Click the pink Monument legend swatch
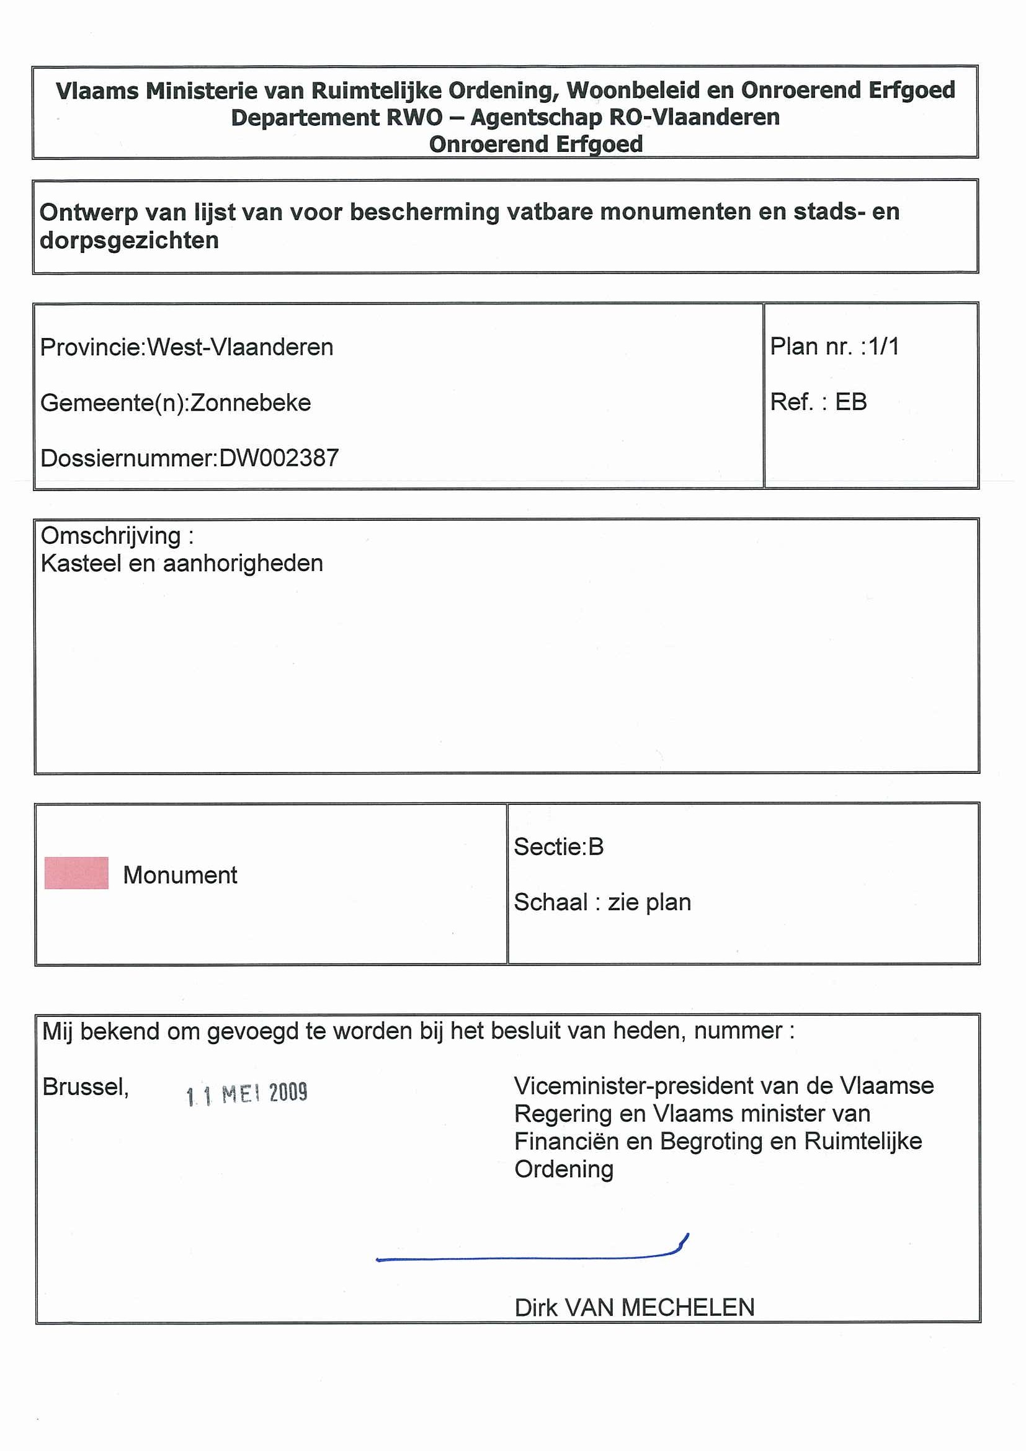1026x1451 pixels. (76, 872)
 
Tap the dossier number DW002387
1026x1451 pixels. (279, 458)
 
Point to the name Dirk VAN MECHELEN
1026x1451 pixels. (634, 1308)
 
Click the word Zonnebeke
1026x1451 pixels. (251, 402)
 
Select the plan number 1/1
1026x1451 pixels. (883, 347)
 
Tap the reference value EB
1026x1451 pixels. (850, 402)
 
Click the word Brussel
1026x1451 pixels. (86, 1087)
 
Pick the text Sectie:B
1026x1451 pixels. (558, 846)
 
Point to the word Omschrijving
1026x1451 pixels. (111, 536)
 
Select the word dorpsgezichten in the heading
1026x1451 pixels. (129, 241)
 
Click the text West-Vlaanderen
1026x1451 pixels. (240, 347)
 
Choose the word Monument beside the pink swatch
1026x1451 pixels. (180, 876)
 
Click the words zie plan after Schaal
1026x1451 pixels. (649, 902)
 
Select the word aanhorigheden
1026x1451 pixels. (243, 563)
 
